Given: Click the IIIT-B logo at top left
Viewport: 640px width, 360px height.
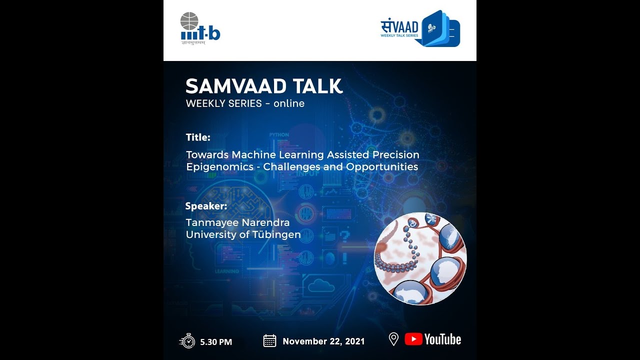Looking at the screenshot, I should [200, 29].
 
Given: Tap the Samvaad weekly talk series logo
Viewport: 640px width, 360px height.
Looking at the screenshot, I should [420, 28].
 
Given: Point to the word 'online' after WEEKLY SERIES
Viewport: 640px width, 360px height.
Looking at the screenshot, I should [289, 104].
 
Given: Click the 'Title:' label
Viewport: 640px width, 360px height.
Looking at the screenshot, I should [198, 137].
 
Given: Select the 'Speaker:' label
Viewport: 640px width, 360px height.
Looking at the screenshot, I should [206, 206].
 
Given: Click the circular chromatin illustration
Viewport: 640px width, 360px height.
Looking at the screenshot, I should [420, 258].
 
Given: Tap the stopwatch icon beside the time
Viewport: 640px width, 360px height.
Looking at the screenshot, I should [187, 341].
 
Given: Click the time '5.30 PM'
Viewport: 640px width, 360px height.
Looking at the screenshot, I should [216, 342].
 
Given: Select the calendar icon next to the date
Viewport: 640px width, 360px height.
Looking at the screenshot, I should [269, 341].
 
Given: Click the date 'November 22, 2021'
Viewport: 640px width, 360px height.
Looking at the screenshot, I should [323, 341].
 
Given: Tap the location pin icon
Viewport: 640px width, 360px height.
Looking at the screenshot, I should [393, 339].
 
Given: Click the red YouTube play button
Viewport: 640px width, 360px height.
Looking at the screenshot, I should [413, 339].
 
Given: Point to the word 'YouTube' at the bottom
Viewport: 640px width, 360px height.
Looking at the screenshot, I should [442, 339].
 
